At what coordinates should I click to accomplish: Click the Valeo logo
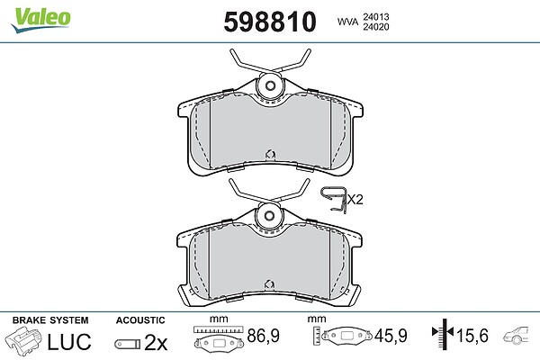click(40, 20)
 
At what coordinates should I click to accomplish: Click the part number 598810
click(270, 22)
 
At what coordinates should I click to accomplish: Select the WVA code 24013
click(375, 16)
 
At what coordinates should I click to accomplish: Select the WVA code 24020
click(375, 27)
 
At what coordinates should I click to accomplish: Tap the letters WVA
click(347, 22)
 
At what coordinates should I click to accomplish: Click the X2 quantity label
click(355, 200)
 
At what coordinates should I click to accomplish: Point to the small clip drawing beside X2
click(334, 200)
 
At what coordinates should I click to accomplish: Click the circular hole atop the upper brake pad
click(270, 85)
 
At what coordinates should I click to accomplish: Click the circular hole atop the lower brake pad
click(269, 216)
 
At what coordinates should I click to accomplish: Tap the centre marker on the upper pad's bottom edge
click(270, 155)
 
